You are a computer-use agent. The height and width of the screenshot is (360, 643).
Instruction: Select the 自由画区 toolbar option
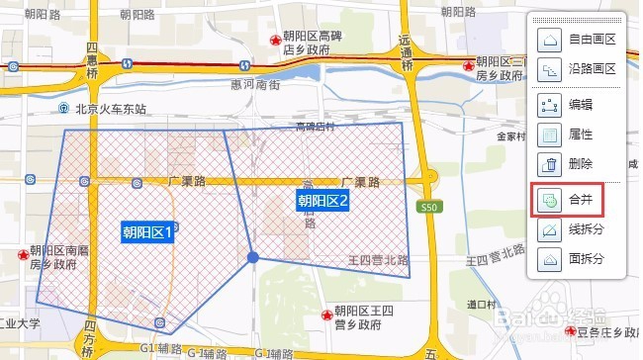pos(578,41)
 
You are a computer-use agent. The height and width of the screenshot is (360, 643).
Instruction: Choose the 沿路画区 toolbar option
pos(578,69)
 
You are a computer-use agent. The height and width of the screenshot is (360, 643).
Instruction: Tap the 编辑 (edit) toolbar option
pos(569,106)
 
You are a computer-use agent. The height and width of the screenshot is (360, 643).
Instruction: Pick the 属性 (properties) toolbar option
pos(569,135)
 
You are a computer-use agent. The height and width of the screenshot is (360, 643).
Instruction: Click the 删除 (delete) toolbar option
pos(569,164)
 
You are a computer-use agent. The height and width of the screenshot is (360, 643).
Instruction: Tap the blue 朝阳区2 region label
pos(323,201)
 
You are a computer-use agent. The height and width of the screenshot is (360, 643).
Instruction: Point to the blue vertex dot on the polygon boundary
pos(253,257)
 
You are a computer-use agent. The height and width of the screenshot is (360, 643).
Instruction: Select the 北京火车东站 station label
pos(103,109)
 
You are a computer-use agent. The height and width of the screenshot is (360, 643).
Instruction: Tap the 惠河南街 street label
pos(261,86)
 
